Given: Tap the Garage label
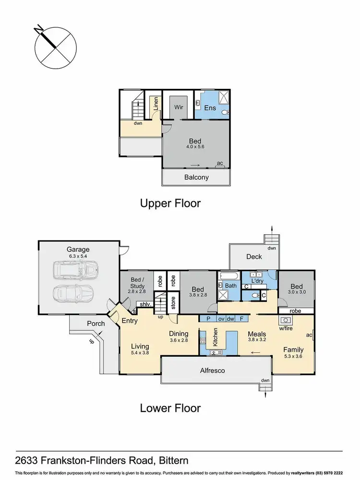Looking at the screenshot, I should point(78,250).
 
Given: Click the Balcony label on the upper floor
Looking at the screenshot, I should point(197,177).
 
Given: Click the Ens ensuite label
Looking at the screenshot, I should point(210,108).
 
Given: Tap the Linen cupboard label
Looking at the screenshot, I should point(156,104).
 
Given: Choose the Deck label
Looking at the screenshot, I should point(254,257).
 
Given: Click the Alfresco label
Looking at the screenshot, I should point(216,371).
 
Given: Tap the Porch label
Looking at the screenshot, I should point(96,324).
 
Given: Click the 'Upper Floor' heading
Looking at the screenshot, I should point(170,203).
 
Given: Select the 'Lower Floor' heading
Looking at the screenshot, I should point(170,408).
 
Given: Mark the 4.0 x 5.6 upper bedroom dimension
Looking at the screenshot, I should point(195,147).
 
